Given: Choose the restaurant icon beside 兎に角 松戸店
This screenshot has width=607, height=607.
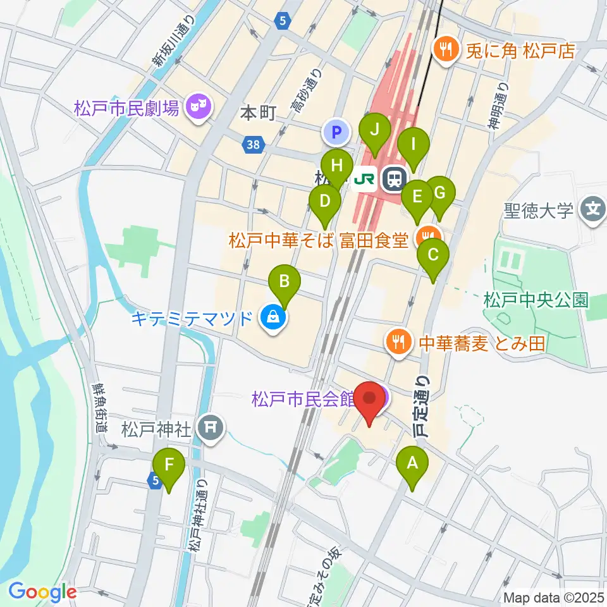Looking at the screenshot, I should [445, 50].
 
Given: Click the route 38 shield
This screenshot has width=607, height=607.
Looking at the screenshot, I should [254, 145].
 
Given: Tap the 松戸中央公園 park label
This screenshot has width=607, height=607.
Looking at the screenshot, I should [536, 299].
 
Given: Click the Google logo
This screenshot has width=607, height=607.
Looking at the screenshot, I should [43, 592].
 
